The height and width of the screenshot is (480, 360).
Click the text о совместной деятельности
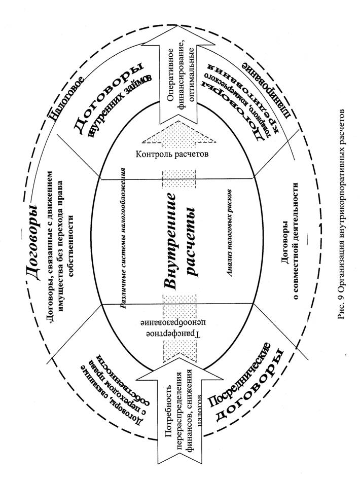coord(295,243)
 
